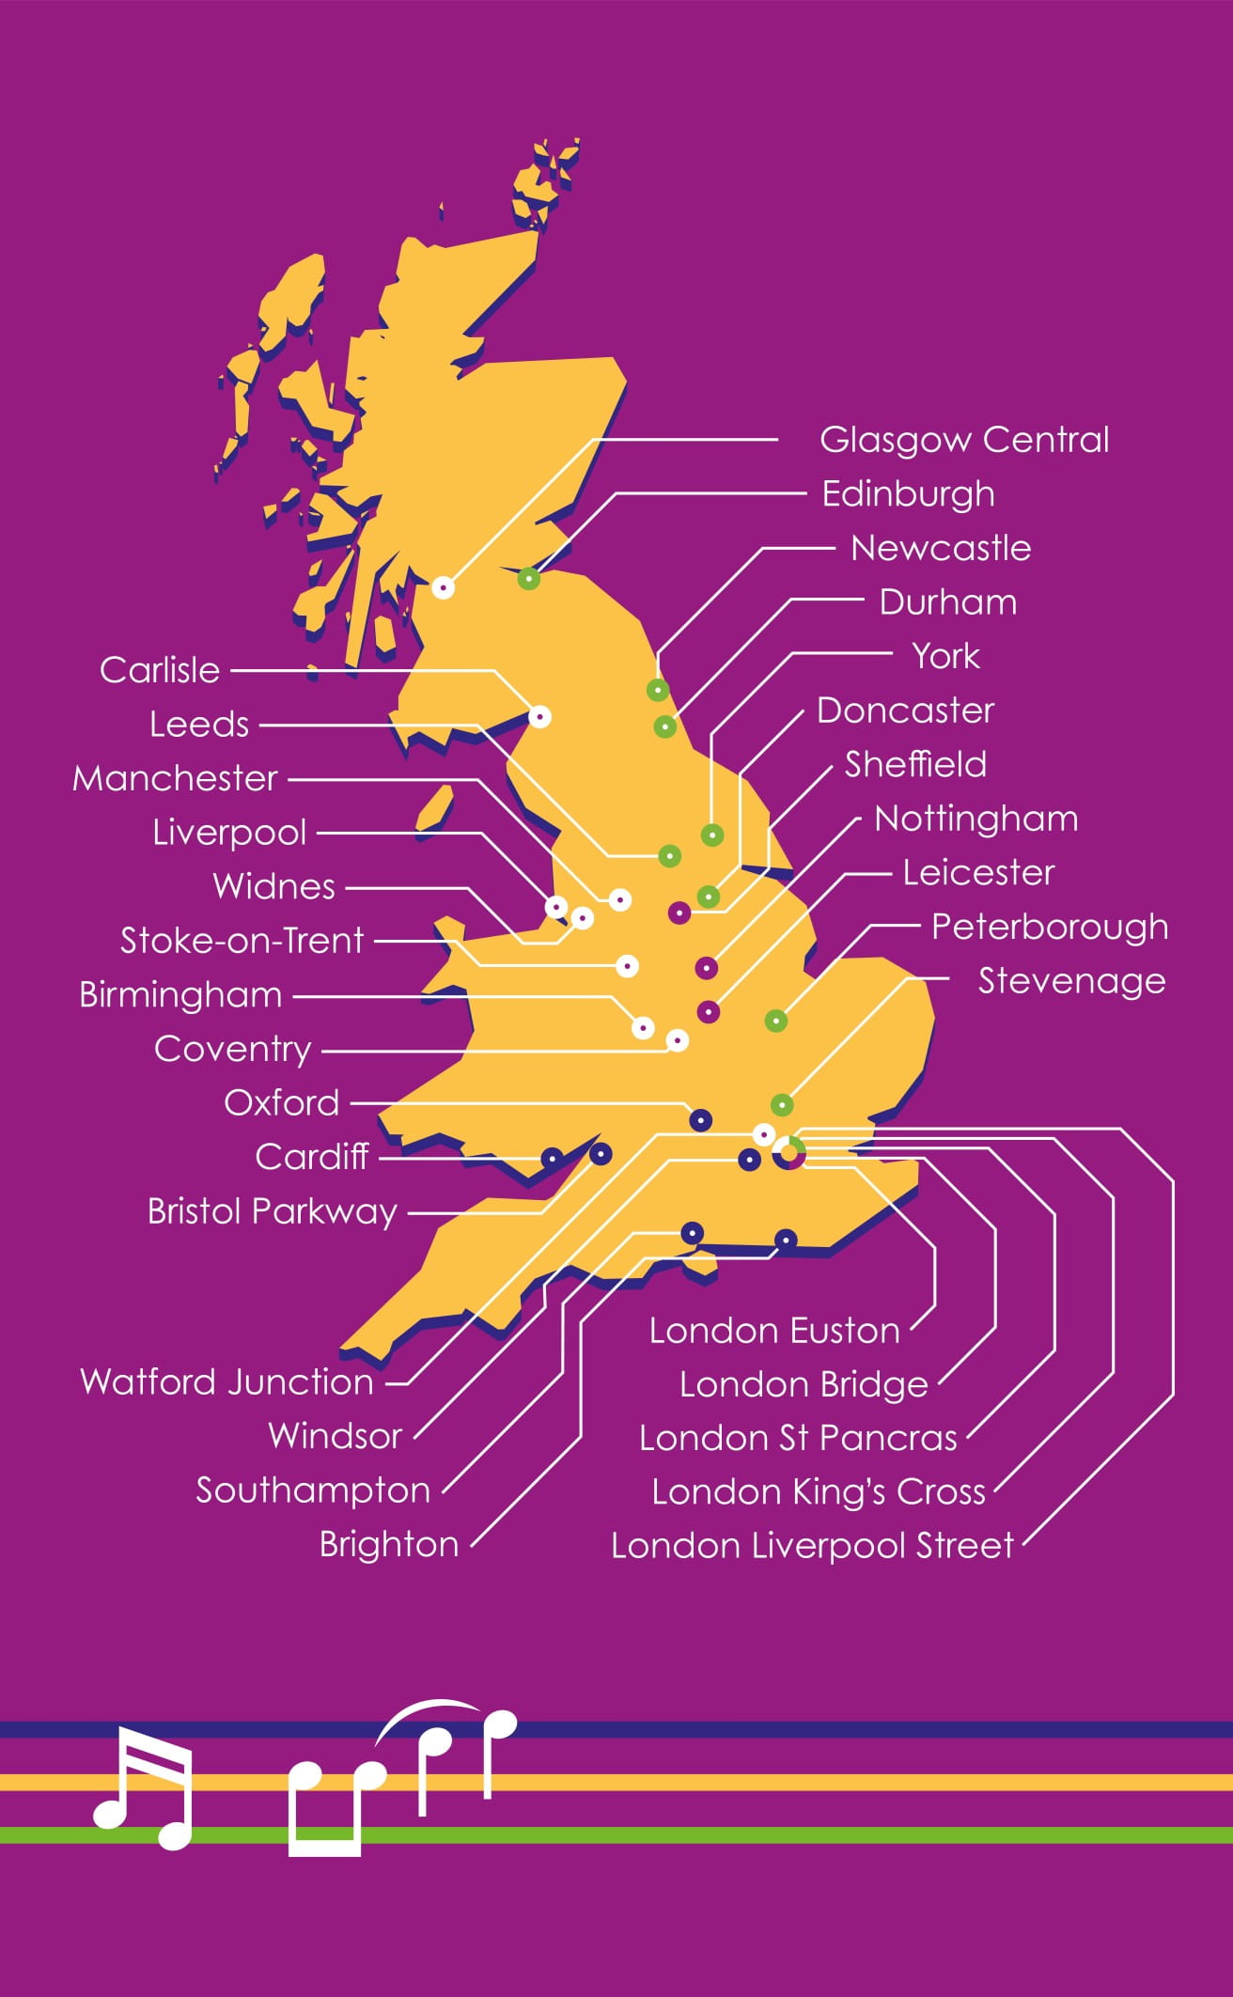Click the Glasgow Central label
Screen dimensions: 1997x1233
(964, 440)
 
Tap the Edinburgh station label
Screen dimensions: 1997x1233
(908, 494)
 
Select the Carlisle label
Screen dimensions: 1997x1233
(160, 670)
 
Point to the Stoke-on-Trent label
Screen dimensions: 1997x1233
(242, 941)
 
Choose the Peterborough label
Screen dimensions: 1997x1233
(1050, 928)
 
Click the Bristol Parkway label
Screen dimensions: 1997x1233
(273, 1211)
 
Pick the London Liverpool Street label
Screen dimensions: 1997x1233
(813, 1546)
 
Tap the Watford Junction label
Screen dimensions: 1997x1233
(227, 1381)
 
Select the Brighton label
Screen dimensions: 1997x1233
(388, 1544)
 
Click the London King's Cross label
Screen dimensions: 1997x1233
(819, 1491)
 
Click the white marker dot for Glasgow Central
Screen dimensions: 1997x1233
(444, 587)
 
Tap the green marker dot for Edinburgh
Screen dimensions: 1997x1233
(529, 579)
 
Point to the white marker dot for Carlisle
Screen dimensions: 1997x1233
(539, 716)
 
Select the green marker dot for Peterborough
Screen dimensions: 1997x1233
(775, 1021)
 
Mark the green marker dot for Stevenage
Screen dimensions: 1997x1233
(782, 1104)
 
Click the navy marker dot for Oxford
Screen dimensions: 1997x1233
(700, 1120)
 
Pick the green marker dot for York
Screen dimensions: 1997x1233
(712, 834)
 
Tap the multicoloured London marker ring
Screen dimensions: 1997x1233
(789, 1153)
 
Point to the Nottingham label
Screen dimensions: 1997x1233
(975, 819)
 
